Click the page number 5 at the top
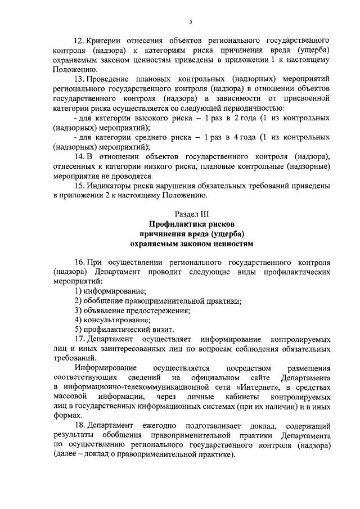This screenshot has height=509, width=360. point(191,22)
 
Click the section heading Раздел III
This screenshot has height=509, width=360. point(192,214)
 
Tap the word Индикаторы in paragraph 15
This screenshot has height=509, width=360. point(114,185)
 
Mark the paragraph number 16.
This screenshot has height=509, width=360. point(80,262)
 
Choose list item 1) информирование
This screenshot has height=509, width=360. point(110,291)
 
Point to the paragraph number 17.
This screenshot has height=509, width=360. point(80,339)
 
